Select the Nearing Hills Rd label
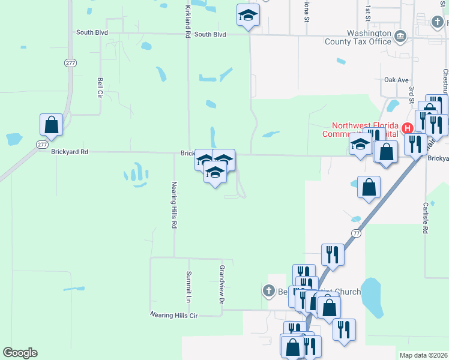click(174, 205)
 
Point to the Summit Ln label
click(188, 290)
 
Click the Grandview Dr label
click(221, 284)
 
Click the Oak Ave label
click(396, 80)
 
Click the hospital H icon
click(408, 128)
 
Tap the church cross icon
click(269, 292)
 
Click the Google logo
click(20, 352)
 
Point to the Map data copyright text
click(423, 355)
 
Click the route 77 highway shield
click(356, 232)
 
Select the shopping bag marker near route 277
click(52, 125)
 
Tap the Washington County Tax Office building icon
click(400, 37)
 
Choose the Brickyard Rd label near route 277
click(71, 152)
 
